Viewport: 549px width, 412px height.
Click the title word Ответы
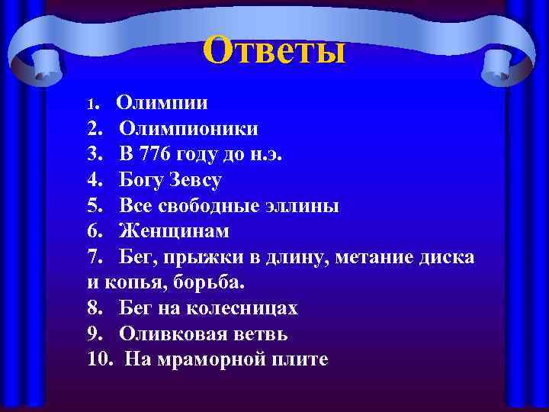274,50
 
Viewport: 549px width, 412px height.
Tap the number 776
156,154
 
